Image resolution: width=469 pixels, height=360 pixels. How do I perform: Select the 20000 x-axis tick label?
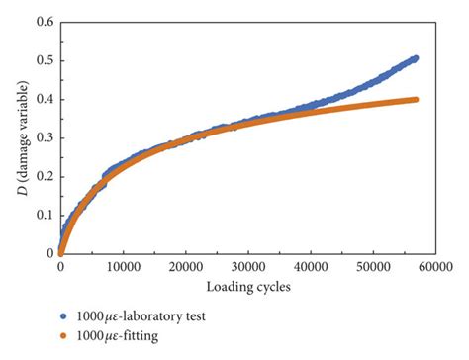pos(184,267)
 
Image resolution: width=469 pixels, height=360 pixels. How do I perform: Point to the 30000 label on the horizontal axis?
pos(246,267)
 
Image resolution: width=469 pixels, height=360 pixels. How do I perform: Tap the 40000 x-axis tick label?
pos(309,267)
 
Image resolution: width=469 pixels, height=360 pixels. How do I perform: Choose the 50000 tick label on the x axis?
pos(371,267)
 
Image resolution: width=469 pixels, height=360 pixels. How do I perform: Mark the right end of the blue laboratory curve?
pos(415,58)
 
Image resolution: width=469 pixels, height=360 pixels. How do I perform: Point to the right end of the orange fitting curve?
pos(415,99)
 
